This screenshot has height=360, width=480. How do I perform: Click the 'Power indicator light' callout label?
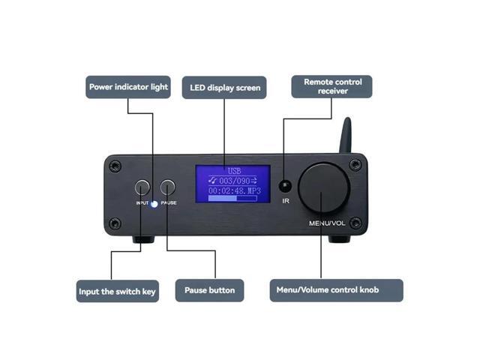(127, 87)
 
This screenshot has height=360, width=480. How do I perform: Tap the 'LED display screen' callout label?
(225, 88)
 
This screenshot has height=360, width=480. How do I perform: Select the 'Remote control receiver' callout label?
(331, 86)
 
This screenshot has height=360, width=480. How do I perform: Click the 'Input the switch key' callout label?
(118, 291)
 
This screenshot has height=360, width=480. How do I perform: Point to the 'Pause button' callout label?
(210, 290)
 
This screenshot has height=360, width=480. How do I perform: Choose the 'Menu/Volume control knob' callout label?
(336, 290)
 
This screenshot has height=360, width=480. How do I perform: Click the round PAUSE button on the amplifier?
(168, 187)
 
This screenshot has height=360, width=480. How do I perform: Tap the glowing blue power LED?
(154, 203)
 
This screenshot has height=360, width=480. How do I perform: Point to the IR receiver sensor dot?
(284, 186)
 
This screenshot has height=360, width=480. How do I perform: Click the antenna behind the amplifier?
(346, 136)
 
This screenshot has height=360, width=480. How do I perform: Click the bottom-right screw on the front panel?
(355, 222)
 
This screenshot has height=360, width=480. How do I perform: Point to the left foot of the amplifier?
(143, 240)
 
